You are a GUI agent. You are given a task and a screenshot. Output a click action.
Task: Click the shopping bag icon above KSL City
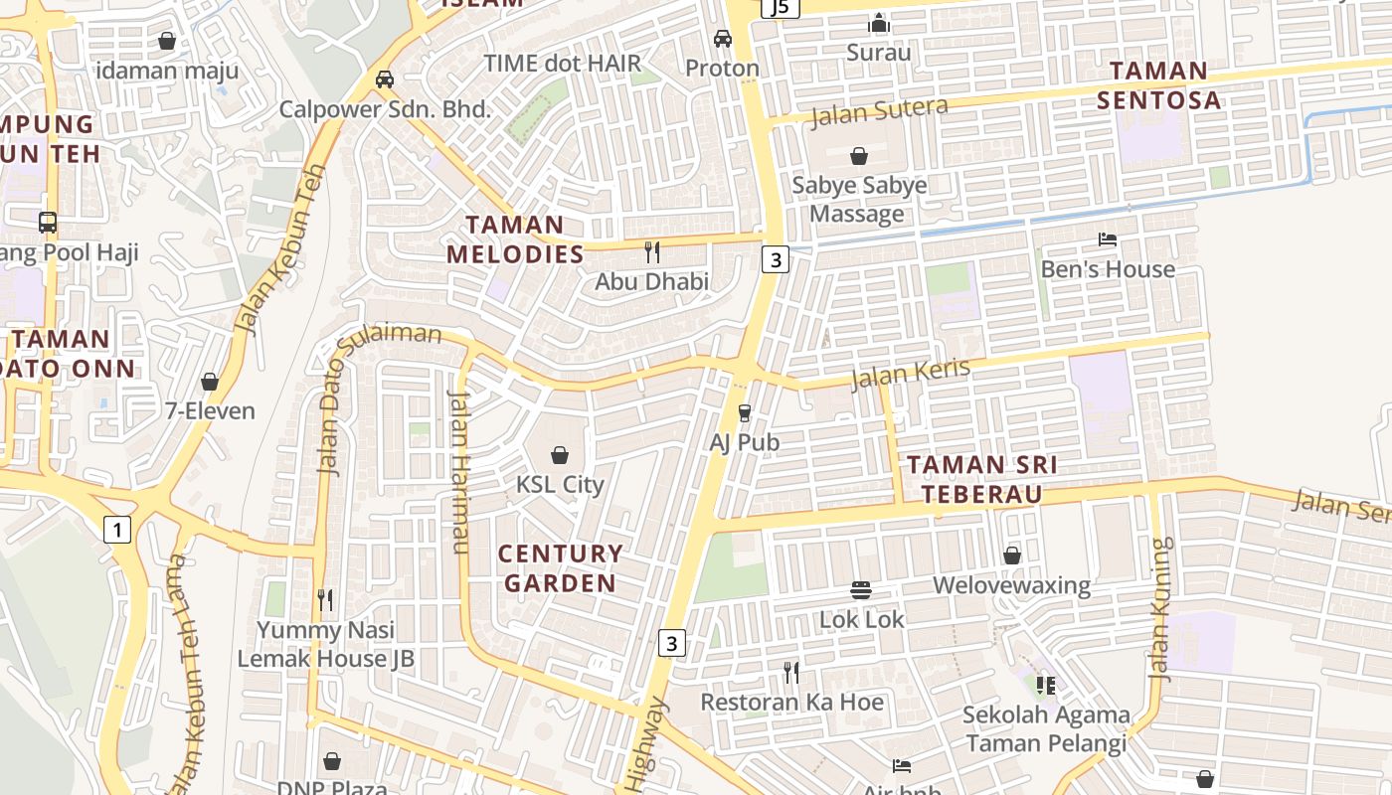560,455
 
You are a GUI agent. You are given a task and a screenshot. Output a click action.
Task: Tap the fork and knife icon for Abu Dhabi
652,252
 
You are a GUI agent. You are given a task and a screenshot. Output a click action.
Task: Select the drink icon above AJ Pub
744,412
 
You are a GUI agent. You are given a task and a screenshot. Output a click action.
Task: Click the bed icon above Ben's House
1107,239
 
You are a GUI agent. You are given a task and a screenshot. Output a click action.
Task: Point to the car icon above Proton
723,39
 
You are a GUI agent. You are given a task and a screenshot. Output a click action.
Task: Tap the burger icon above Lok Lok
861,590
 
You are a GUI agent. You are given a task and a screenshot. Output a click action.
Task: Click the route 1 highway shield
117,530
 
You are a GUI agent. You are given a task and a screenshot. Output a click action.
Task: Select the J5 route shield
780,8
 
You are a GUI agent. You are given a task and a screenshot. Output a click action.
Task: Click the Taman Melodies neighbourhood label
515,239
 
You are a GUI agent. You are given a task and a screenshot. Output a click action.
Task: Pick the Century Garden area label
560,568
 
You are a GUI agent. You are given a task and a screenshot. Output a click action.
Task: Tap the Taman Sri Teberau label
981,479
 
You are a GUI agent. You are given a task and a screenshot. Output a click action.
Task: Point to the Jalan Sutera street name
879,111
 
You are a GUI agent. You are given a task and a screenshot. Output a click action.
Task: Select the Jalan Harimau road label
458,472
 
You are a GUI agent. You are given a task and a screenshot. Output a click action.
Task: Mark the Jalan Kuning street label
1159,608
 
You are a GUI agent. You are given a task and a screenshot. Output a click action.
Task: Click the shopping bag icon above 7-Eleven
210,382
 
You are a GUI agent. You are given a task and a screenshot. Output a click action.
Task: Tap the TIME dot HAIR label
563,64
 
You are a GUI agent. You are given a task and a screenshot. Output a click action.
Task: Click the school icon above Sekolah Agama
1045,685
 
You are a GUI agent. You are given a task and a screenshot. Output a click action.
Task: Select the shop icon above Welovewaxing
1011,556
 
